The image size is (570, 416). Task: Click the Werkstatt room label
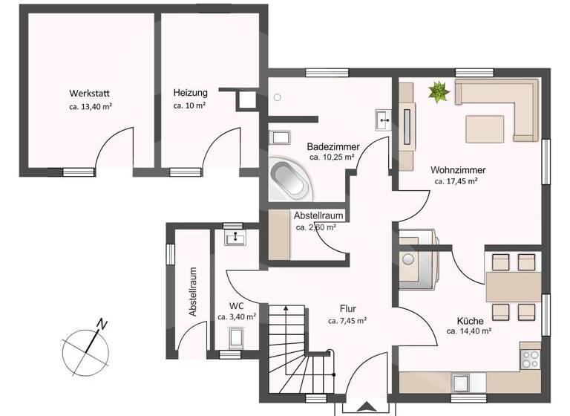pos(90,94)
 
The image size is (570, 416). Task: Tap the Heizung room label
pos(190,93)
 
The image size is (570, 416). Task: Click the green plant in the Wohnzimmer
pos(439,92)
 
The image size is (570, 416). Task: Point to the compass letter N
pos(102,325)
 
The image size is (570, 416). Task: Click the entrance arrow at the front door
pos(366,407)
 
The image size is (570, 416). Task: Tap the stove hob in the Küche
pos(531,360)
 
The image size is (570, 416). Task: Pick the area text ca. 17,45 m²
pos(456,181)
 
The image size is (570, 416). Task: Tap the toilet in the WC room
pos(237,339)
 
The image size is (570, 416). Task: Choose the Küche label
pos(465,322)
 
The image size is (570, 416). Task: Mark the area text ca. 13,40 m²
pos(90,106)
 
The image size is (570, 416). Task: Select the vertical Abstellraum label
pos(193,293)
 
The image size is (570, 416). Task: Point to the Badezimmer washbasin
pos(383,117)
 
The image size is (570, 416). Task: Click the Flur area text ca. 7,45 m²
pos(348,322)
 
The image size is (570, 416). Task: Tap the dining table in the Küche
pos(513,285)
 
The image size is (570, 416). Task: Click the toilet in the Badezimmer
pos(281,138)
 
